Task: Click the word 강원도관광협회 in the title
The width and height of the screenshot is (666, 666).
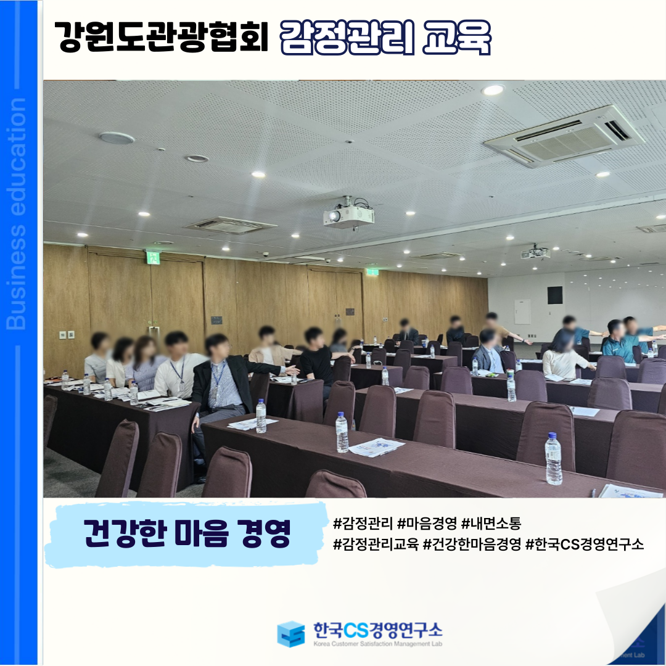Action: (x=162, y=37)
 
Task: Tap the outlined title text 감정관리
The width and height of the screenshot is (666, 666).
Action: (x=347, y=38)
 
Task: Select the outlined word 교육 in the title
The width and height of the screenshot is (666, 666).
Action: (x=456, y=38)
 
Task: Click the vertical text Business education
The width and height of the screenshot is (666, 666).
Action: (x=17, y=213)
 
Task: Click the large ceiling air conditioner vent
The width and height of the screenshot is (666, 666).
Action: (x=564, y=136)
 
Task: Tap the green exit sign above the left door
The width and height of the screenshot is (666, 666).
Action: (x=152, y=257)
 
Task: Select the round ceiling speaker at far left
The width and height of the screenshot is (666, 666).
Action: (x=117, y=138)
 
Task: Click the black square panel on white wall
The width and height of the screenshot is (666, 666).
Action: (x=555, y=295)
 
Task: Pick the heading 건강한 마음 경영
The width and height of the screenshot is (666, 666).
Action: (x=187, y=533)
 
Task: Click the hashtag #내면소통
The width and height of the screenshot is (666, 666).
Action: (x=491, y=523)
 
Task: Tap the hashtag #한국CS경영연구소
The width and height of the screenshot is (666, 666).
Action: (x=585, y=544)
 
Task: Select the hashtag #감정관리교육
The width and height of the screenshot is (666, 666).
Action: (x=376, y=544)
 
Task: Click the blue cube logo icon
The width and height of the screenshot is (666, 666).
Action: (x=291, y=634)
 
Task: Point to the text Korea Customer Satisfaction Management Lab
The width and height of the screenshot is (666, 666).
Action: (x=377, y=644)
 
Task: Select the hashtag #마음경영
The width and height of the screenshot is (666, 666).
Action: (x=427, y=523)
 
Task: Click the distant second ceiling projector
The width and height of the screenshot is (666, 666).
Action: (x=535, y=252)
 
